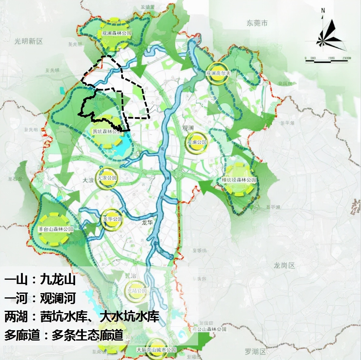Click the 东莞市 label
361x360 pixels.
coord(257,23)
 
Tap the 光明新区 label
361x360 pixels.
coord(29,41)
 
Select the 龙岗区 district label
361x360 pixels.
coord(284,265)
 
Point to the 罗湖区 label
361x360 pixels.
coord(255,352)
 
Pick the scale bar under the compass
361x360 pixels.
coord(326,60)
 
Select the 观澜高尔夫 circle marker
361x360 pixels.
coord(218,73)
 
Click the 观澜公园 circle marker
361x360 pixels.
coord(197,142)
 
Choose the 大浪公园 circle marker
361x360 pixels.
coord(106,178)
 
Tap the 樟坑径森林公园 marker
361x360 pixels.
coord(239,180)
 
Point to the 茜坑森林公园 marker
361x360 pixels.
coord(107,132)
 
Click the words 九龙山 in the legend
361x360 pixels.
coord(58,279)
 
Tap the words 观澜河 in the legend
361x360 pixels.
coord(58,298)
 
